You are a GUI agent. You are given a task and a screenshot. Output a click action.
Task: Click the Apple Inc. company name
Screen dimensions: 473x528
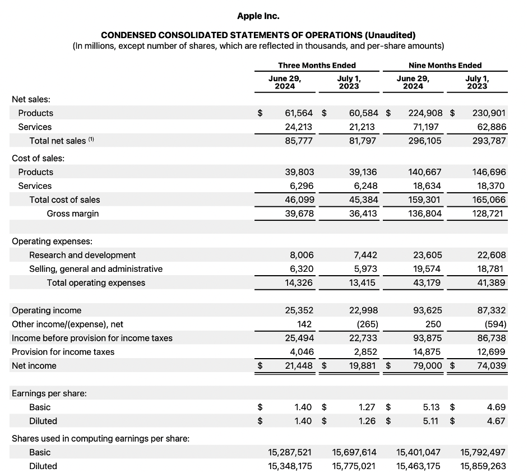click(258, 16)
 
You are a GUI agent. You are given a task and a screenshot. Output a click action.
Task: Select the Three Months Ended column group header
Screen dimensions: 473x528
click(317, 65)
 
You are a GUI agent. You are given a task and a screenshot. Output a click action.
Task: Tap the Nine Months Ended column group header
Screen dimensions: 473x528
click(445, 65)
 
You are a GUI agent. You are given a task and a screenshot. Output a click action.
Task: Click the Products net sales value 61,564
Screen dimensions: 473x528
click(299, 113)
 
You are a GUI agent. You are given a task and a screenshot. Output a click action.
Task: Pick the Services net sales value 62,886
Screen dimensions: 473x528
click(489, 127)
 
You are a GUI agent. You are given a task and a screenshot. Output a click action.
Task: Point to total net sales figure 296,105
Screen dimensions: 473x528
click(425, 141)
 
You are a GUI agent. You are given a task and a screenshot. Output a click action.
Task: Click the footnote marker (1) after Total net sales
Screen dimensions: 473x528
click(92, 140)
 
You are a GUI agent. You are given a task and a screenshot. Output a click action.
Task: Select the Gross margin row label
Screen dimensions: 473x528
click(73, 213)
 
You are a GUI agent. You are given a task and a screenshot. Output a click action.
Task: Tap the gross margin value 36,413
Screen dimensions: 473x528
click(363, 213)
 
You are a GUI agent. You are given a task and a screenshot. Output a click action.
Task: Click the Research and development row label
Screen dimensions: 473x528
click(82, 255)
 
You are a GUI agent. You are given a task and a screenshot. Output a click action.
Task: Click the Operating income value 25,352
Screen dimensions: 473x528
click(299, 310)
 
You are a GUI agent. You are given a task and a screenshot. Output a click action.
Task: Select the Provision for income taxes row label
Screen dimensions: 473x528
click(63, 351)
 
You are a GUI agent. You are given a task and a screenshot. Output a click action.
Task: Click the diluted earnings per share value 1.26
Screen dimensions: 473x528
click(368, 421)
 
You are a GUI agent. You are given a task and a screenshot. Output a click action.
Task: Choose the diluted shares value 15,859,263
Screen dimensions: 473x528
click(483, 466)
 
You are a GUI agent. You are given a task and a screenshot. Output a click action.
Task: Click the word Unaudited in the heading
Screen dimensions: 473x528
click(389, 35)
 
